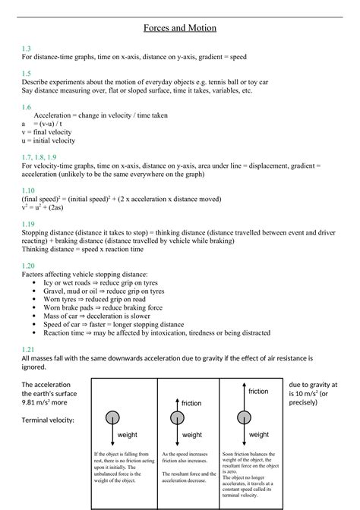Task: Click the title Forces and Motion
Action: click(180, 28)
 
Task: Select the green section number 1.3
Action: click(27, 48)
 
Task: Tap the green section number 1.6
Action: click(27, 107)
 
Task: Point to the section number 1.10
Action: click(28, 190)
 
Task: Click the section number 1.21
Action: click(28, 348)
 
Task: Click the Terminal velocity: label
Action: click(48, 419)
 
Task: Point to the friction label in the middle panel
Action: click(191, 403)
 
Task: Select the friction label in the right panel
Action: click(257, 391)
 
